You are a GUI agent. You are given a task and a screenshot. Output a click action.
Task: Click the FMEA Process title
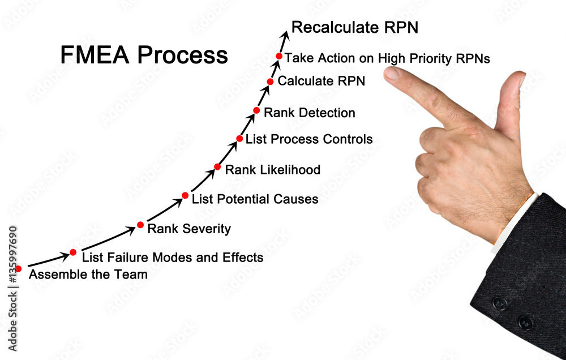click(144, 55)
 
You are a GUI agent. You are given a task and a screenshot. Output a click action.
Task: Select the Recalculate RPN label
click(355, 27)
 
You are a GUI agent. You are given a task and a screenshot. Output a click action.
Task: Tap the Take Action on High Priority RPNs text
click(387, 58)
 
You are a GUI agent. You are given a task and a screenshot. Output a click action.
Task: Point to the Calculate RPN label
click(321, 81)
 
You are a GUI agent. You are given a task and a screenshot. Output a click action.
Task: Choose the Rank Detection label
click(310, 113)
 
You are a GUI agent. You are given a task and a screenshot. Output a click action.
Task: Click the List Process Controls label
click(309, 139)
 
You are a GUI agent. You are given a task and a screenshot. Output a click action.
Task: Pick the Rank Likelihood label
click(273, 170)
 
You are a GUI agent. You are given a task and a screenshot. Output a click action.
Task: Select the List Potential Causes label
click(255, 199)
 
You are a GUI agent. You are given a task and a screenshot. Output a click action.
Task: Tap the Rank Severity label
click(189, 229)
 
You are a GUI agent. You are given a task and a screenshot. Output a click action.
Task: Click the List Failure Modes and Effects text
click(173, 258)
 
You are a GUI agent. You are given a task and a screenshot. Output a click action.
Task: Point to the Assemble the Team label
click(88, 275)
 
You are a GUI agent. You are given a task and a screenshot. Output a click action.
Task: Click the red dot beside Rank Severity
click(140, 225)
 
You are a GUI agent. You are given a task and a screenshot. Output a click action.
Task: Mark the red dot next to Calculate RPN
click(271, 82)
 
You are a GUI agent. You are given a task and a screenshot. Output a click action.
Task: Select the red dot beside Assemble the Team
click(19, 269)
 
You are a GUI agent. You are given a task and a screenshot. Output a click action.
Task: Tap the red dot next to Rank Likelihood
click(217, 166)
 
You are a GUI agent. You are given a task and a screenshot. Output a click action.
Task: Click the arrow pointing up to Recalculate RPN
click(285, 41)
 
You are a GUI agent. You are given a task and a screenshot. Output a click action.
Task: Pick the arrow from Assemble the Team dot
click(48, 260)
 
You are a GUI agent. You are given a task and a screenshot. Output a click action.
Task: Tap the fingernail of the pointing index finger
click(391, 73)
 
